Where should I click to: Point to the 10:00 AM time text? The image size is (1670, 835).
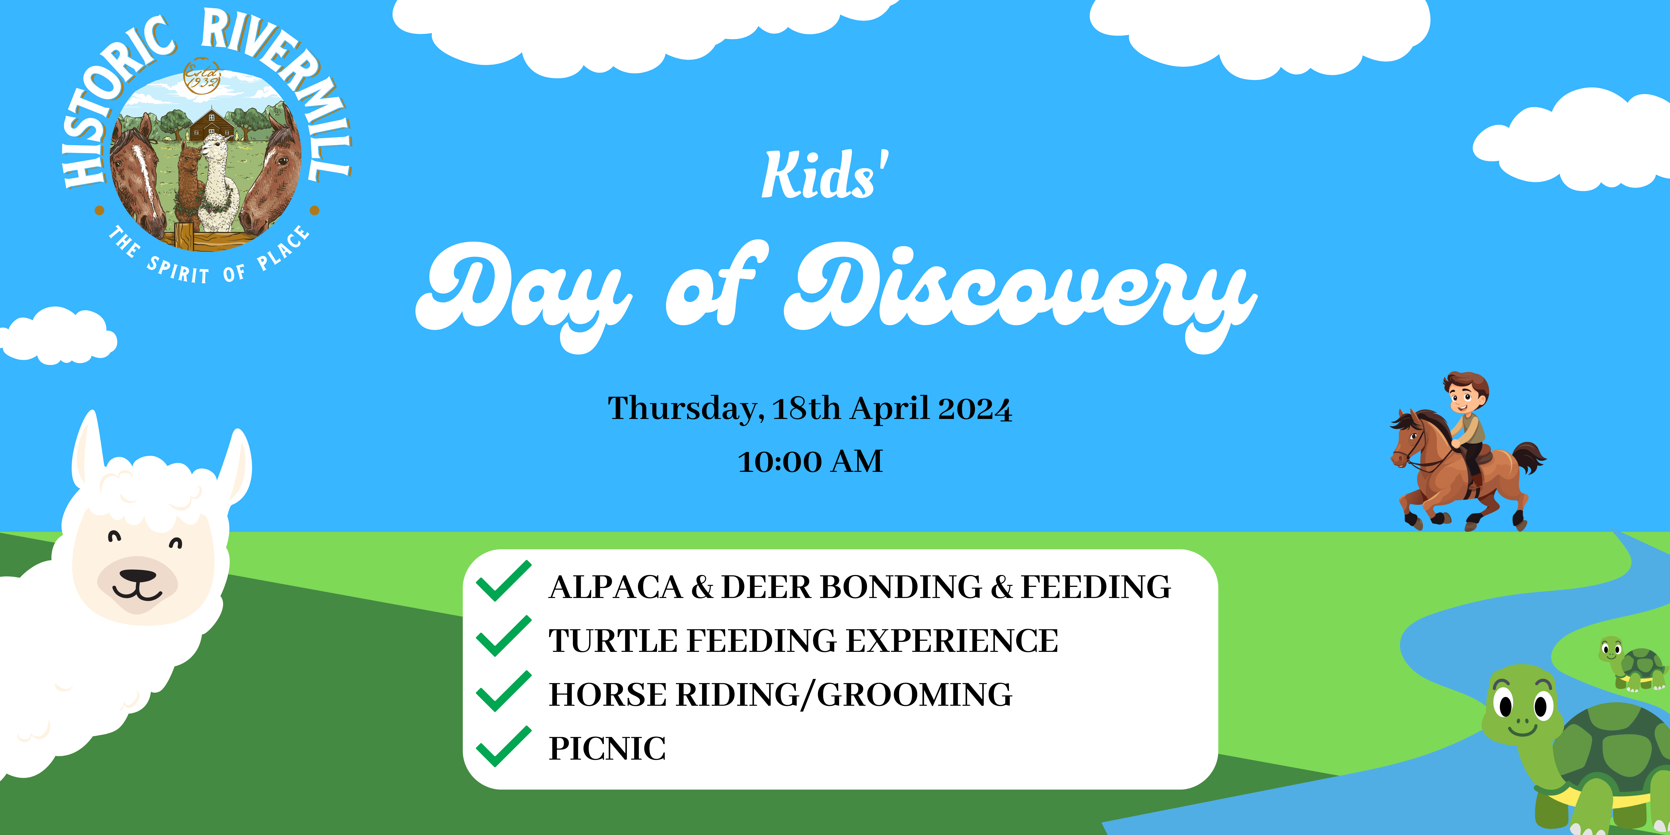pos(810,461)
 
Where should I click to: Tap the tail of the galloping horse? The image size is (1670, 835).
pos(1529,457)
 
